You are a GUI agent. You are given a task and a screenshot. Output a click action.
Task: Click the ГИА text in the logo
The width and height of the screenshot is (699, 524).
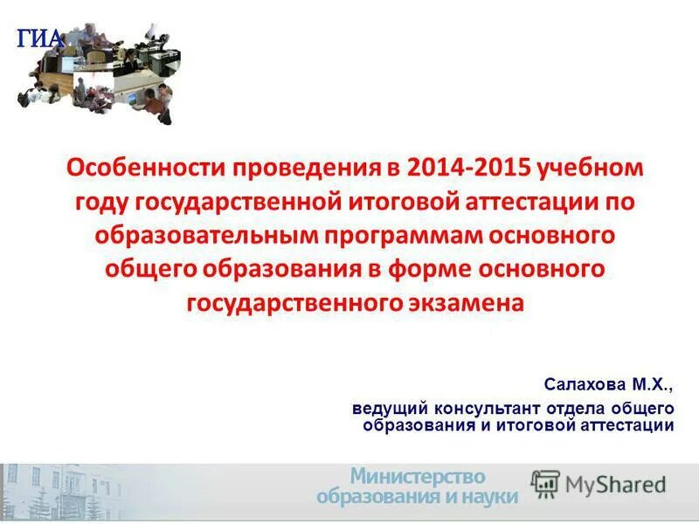[40, 38]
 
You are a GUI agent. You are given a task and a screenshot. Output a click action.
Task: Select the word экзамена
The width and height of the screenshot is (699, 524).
[466, 303]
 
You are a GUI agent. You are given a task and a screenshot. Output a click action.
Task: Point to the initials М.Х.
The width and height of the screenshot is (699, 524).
[654, 383]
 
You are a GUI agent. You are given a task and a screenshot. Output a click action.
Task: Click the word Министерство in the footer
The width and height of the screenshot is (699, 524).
[418, 477]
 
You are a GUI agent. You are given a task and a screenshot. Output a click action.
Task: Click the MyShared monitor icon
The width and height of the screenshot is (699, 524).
[546, 484]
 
